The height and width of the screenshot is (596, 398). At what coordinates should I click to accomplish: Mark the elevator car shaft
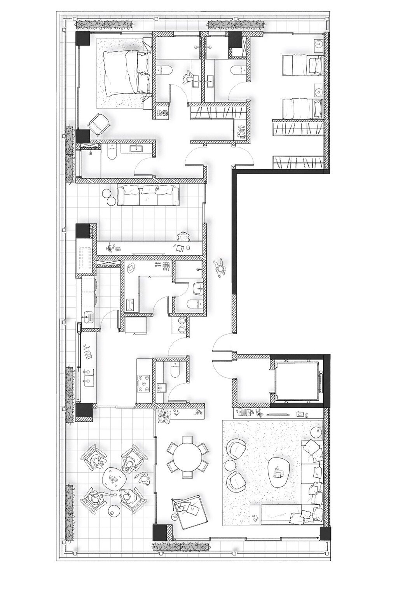click(x=297, y=377)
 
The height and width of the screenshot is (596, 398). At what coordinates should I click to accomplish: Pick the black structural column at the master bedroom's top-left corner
click(x=83, y=39)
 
